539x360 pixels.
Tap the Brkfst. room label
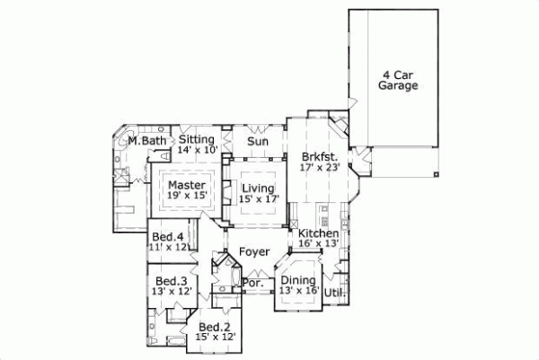point(320,154)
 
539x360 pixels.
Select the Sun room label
point(258,141)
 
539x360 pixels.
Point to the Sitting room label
point(197,140)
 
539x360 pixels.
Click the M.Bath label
point(146,141)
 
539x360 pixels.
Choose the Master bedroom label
point(186,186)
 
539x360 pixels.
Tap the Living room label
point(259,187)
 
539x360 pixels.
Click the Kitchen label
point(317,233)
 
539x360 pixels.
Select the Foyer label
point(254,252)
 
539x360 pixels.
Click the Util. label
point(334,293)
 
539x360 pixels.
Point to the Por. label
point(252,283)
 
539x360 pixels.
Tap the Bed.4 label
point(167,236)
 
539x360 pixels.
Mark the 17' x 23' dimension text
point(321,165)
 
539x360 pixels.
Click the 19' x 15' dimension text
point(186,198)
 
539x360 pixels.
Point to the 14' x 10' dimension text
point(197,151)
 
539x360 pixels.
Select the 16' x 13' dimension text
point(317,243)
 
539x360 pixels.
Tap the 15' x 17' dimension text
point(259,198)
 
